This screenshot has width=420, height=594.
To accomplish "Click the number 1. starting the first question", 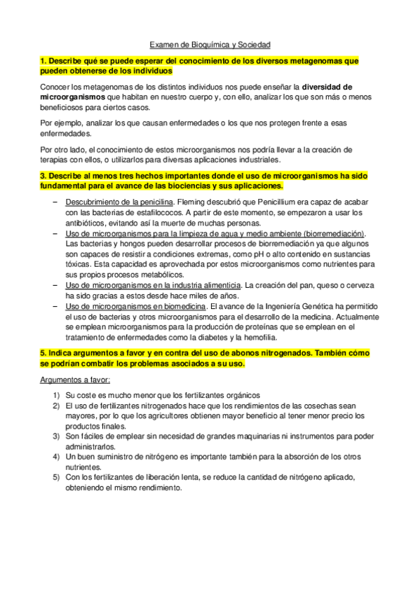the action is [x=43, y=62].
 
